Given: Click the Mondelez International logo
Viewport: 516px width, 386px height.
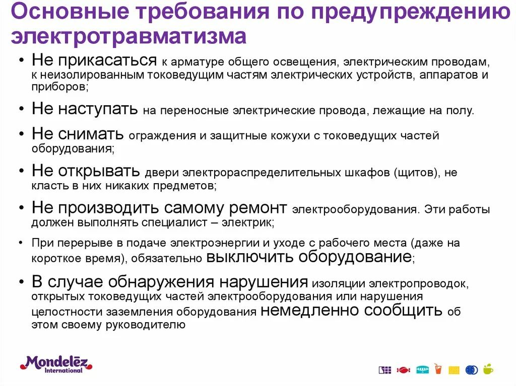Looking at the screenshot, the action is coord(56,364).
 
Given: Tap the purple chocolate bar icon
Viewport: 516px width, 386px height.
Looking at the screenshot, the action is coord(384,370).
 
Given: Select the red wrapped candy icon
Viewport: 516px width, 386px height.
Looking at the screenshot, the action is coord(403,370).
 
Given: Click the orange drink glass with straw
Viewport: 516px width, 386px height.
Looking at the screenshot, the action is coord(438,369).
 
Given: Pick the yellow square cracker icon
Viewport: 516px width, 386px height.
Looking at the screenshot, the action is coord(454,370).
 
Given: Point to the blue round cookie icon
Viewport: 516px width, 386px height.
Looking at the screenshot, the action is coord(472,370).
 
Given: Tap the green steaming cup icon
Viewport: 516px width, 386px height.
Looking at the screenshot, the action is coord(488,369).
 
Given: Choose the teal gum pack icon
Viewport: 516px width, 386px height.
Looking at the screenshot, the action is coord(423,370).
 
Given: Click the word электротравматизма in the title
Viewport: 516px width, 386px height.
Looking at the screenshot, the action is coord(128,36).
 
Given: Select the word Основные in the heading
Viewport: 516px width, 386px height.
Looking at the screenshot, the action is coord(70,11).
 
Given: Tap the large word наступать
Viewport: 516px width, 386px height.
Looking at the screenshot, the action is coord(98,109).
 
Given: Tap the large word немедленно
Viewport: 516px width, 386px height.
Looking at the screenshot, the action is coord(309,310).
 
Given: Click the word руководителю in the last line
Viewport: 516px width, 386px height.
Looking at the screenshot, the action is coord(146,325).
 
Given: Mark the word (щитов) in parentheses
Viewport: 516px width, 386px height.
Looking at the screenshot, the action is coord(417,173).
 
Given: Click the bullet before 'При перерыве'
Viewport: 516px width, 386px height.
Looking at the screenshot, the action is coord(21,243).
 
